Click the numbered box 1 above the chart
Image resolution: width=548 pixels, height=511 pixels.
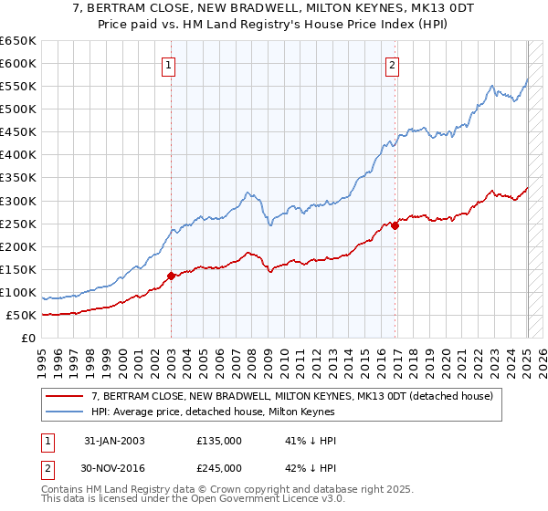tap(170, 65)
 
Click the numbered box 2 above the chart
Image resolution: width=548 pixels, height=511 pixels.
tap(392, 65)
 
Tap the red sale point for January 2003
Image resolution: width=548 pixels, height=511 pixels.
tap(172, 274)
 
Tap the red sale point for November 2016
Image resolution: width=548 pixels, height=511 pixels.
tap(395, 225)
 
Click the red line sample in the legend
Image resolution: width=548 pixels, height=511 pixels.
tap(64, 396)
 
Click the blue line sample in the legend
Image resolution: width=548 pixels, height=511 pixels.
tap(64, 411)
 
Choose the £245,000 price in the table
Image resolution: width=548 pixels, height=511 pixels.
tap(219, 468)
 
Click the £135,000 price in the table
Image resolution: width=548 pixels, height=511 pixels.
tap(219, 441)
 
